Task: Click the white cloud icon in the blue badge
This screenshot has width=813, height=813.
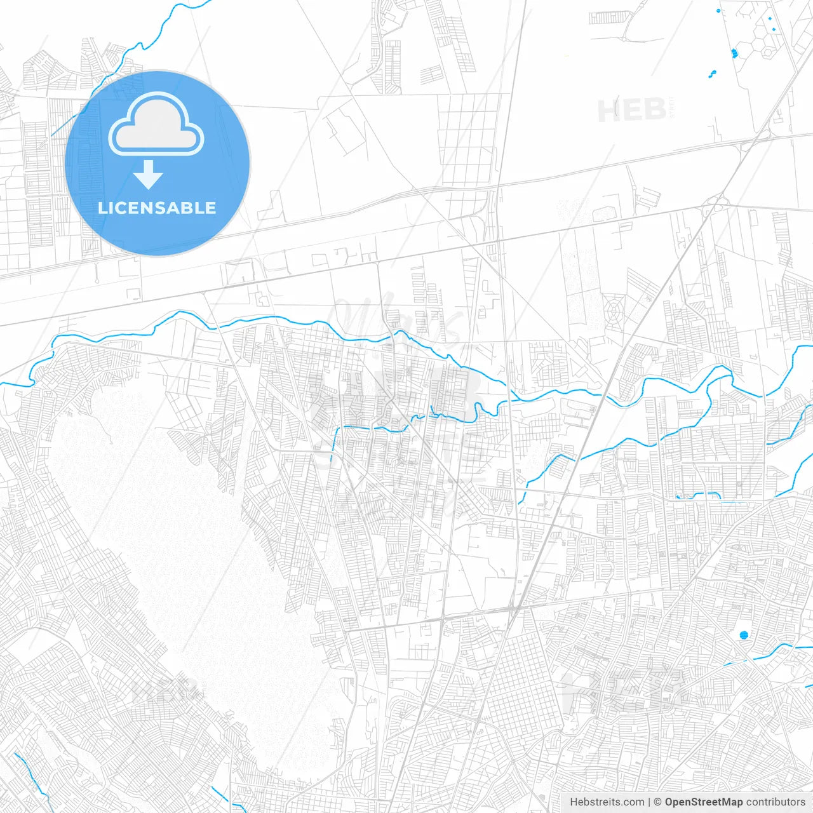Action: click(156, 124)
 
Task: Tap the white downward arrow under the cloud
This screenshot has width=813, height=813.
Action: click(149, 175)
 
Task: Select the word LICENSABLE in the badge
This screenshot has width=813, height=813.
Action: click(157, 208)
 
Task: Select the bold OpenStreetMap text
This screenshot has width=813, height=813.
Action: click(704, 802)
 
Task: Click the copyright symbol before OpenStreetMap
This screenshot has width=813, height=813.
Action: click(658, 802)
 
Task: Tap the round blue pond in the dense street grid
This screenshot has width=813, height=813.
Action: click(744, 635)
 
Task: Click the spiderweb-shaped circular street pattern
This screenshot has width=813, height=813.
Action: click(614, 311)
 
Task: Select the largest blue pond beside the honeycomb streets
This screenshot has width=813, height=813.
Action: click(735, 53)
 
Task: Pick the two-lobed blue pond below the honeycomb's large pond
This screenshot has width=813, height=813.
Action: click(713, 74)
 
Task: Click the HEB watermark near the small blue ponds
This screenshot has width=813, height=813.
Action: click(631, 111)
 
